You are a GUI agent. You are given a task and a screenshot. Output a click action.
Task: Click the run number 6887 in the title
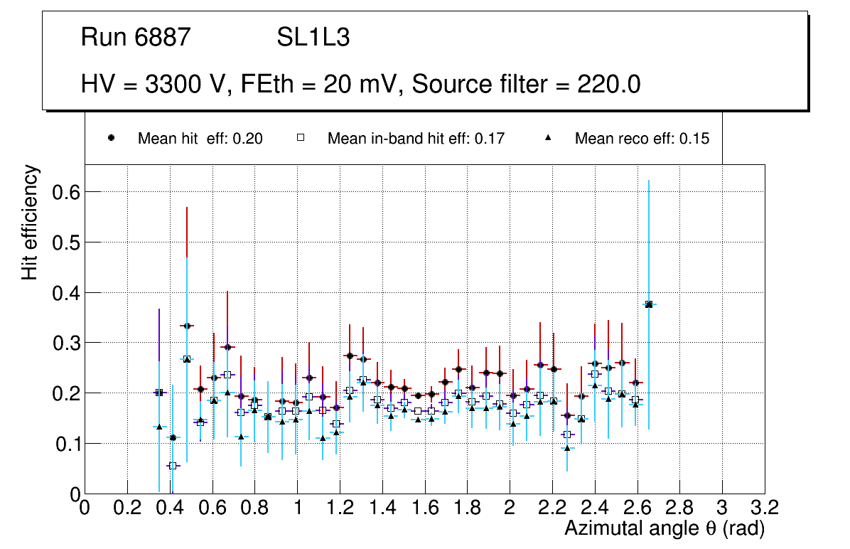point(164,38)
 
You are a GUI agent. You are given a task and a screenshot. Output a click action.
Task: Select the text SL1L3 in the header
point(313,38)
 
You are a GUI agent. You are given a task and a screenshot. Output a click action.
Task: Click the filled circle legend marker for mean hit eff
point(112,139)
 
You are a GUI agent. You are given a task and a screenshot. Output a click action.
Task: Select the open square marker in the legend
point(301,139)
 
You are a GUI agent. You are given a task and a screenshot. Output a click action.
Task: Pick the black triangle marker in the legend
point(548,139)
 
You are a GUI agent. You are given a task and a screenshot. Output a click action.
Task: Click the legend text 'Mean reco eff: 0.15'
point(641,139)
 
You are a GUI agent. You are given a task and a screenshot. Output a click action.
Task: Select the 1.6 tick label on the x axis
point(424,507)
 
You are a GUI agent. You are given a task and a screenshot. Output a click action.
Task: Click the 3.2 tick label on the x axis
point(764,507)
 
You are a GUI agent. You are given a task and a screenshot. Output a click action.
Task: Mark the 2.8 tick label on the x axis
point(679,507)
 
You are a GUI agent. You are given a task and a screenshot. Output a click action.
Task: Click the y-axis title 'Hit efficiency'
point(30,222)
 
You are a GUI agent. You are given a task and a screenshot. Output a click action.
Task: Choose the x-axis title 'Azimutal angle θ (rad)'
point(665,528)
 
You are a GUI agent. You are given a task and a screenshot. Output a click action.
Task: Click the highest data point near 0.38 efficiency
point(649,304)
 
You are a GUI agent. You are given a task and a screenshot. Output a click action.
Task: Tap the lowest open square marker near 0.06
point(172,466)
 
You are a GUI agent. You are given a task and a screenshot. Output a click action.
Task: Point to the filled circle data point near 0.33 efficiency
point(187,326)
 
